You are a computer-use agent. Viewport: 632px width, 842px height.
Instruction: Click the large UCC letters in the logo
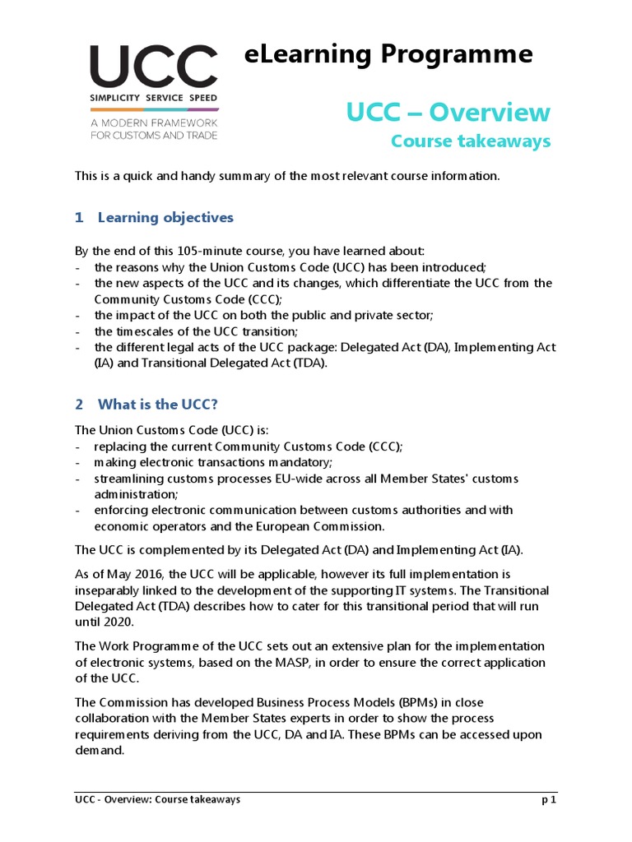[153, 67]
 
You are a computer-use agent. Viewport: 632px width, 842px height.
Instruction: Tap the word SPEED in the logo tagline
[200, 98]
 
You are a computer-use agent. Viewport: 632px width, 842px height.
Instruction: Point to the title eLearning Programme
[388, 54]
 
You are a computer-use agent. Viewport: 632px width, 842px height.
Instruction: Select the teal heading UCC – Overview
[448, 112]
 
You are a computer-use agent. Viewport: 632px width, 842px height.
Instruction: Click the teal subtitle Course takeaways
[470, 141]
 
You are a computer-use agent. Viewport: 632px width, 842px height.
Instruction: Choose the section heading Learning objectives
[165, 218]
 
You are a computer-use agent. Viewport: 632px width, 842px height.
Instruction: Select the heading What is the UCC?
[157, 405]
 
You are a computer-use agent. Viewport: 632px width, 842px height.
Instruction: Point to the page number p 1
[548, 800]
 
